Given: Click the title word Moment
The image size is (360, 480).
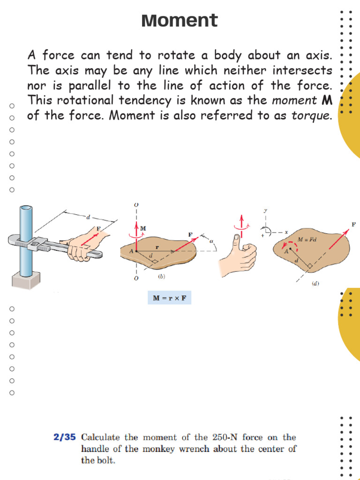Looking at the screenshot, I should (180, 21).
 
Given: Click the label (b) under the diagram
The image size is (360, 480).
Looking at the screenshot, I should (161, 277).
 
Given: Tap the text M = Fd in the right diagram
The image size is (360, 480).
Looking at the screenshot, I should (307, 240).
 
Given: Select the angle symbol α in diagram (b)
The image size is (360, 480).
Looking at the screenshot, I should (211, 241).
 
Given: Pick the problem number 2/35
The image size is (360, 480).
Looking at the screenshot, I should (65, 438).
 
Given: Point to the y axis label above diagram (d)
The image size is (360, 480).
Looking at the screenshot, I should (265, 210).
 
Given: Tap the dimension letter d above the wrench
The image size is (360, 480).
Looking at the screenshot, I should (88, 217).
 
